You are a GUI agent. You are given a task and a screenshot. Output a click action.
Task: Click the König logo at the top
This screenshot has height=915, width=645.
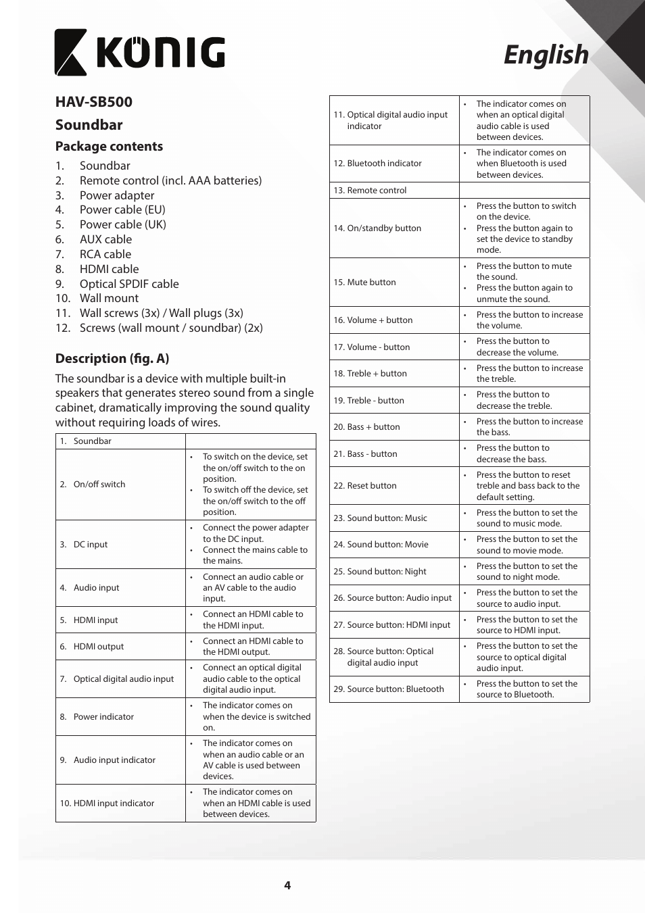click(x=140, y=52)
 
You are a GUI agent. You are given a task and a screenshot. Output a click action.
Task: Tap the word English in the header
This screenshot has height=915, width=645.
click(x=546, y=55)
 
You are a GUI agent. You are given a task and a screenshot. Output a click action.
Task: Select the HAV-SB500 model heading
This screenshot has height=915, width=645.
click(x=94, y=102)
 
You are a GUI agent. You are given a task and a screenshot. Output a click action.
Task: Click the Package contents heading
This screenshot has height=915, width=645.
click(x=109, y=146)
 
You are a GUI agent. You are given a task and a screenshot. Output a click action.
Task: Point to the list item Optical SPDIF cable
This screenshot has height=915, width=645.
click(x=129, y=284)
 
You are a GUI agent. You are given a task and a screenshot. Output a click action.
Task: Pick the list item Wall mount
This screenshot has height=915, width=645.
click(x=109, y=298)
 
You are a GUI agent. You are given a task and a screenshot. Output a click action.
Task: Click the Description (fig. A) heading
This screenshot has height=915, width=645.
click(x=112, y=358)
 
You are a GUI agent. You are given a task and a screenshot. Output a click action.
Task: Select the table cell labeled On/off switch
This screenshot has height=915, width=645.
click(x=99, y=485)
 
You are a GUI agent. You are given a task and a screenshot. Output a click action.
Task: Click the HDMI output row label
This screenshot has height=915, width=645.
click(x=99, y=647)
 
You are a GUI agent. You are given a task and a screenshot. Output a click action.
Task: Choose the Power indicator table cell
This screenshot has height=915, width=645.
click(x=103, y=717)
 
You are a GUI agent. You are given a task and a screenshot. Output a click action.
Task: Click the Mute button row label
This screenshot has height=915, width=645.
click(x=371, y=282)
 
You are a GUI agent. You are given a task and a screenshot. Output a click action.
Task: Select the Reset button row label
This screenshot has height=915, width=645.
click(x=372, y=486)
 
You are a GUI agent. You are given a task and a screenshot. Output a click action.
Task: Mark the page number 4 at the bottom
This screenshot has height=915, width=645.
click(x=287, y=885)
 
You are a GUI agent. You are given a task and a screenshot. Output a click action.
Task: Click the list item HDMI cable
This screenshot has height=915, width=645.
click(x=109, y=269)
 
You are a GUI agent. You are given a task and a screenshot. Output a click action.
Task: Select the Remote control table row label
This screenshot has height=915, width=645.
click(x=377, y=191)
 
